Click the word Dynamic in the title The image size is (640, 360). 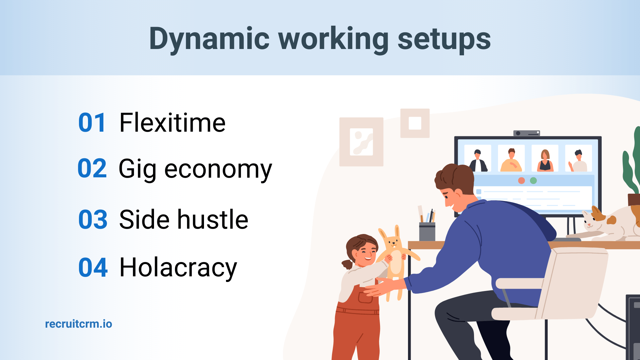click(x=209, y=39)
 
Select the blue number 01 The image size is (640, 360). click(x=92, y=123)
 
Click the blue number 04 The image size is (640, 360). click(x=93, y=267)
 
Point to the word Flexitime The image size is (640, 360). click(x=172, y=123)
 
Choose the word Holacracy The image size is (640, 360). click(x=178, y=267)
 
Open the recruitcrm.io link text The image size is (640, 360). click(x=79, y=324)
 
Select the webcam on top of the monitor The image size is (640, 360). click(x=526, y=133)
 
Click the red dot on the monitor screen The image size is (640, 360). click(x=522, y=181)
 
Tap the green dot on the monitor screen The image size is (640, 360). click(x=533, y=181)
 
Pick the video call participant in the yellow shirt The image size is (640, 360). click(x=511, y=159)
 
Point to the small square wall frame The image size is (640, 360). click(x=415, y=123)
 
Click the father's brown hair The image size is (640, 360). click(x=455, y=177)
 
